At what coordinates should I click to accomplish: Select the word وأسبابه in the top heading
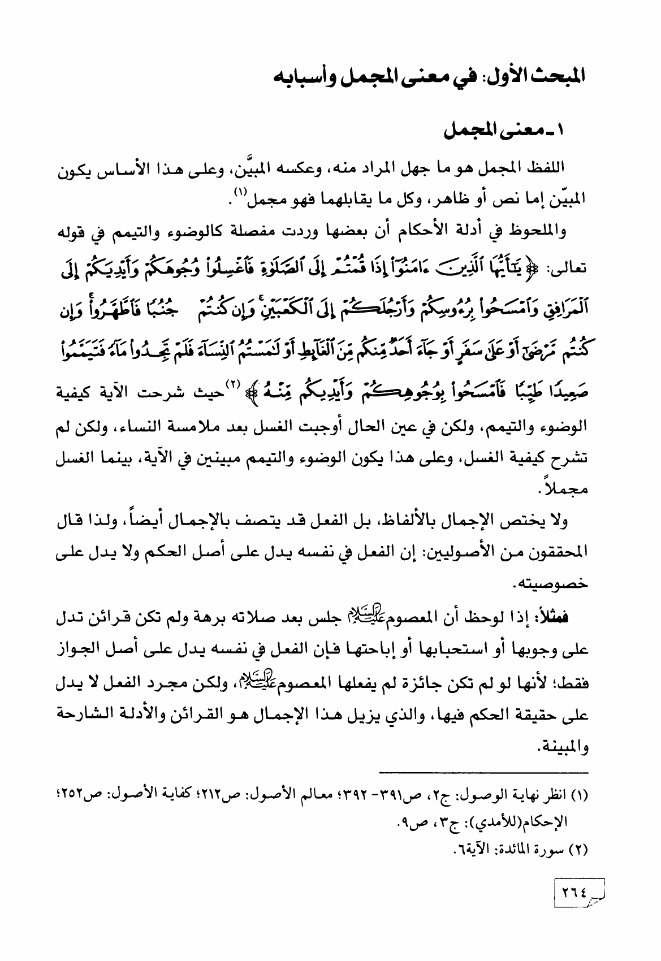(x=299, y=76)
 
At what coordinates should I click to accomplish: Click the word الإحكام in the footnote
(x=552, y=815)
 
